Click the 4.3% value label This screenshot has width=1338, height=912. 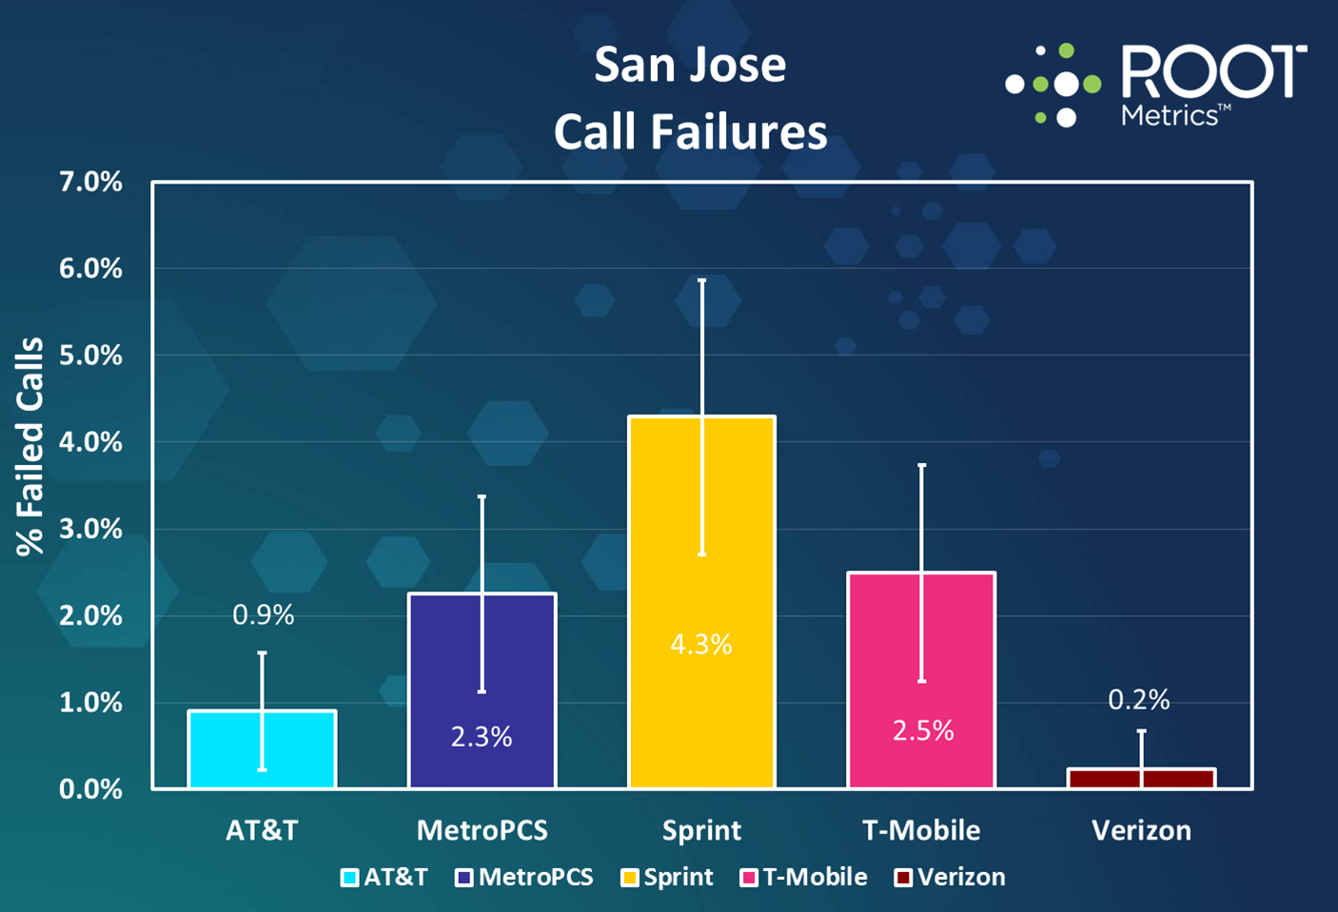(x=701, y=645)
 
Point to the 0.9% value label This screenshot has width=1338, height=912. (x=264, y=615)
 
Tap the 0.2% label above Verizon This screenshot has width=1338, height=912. (x=1139, y=700)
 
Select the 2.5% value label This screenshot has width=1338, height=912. (x=923, y=730)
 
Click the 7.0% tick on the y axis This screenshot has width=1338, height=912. (x=91, y=182)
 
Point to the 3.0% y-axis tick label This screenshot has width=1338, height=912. (x=91, y=529)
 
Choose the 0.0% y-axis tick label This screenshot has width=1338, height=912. (x=91, y=789)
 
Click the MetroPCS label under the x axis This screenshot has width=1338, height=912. (x=482, y=830)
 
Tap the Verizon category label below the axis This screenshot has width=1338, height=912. (x=1141, y=830)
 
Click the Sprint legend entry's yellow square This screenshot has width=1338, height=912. (x=629, y=878)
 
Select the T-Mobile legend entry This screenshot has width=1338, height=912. (x=804, y=877)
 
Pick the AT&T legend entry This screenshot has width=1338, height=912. (x=384, y=877)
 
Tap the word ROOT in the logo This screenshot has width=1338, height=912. (x=1213, y=72)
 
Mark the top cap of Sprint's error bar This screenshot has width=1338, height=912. (x=702, y=281)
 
